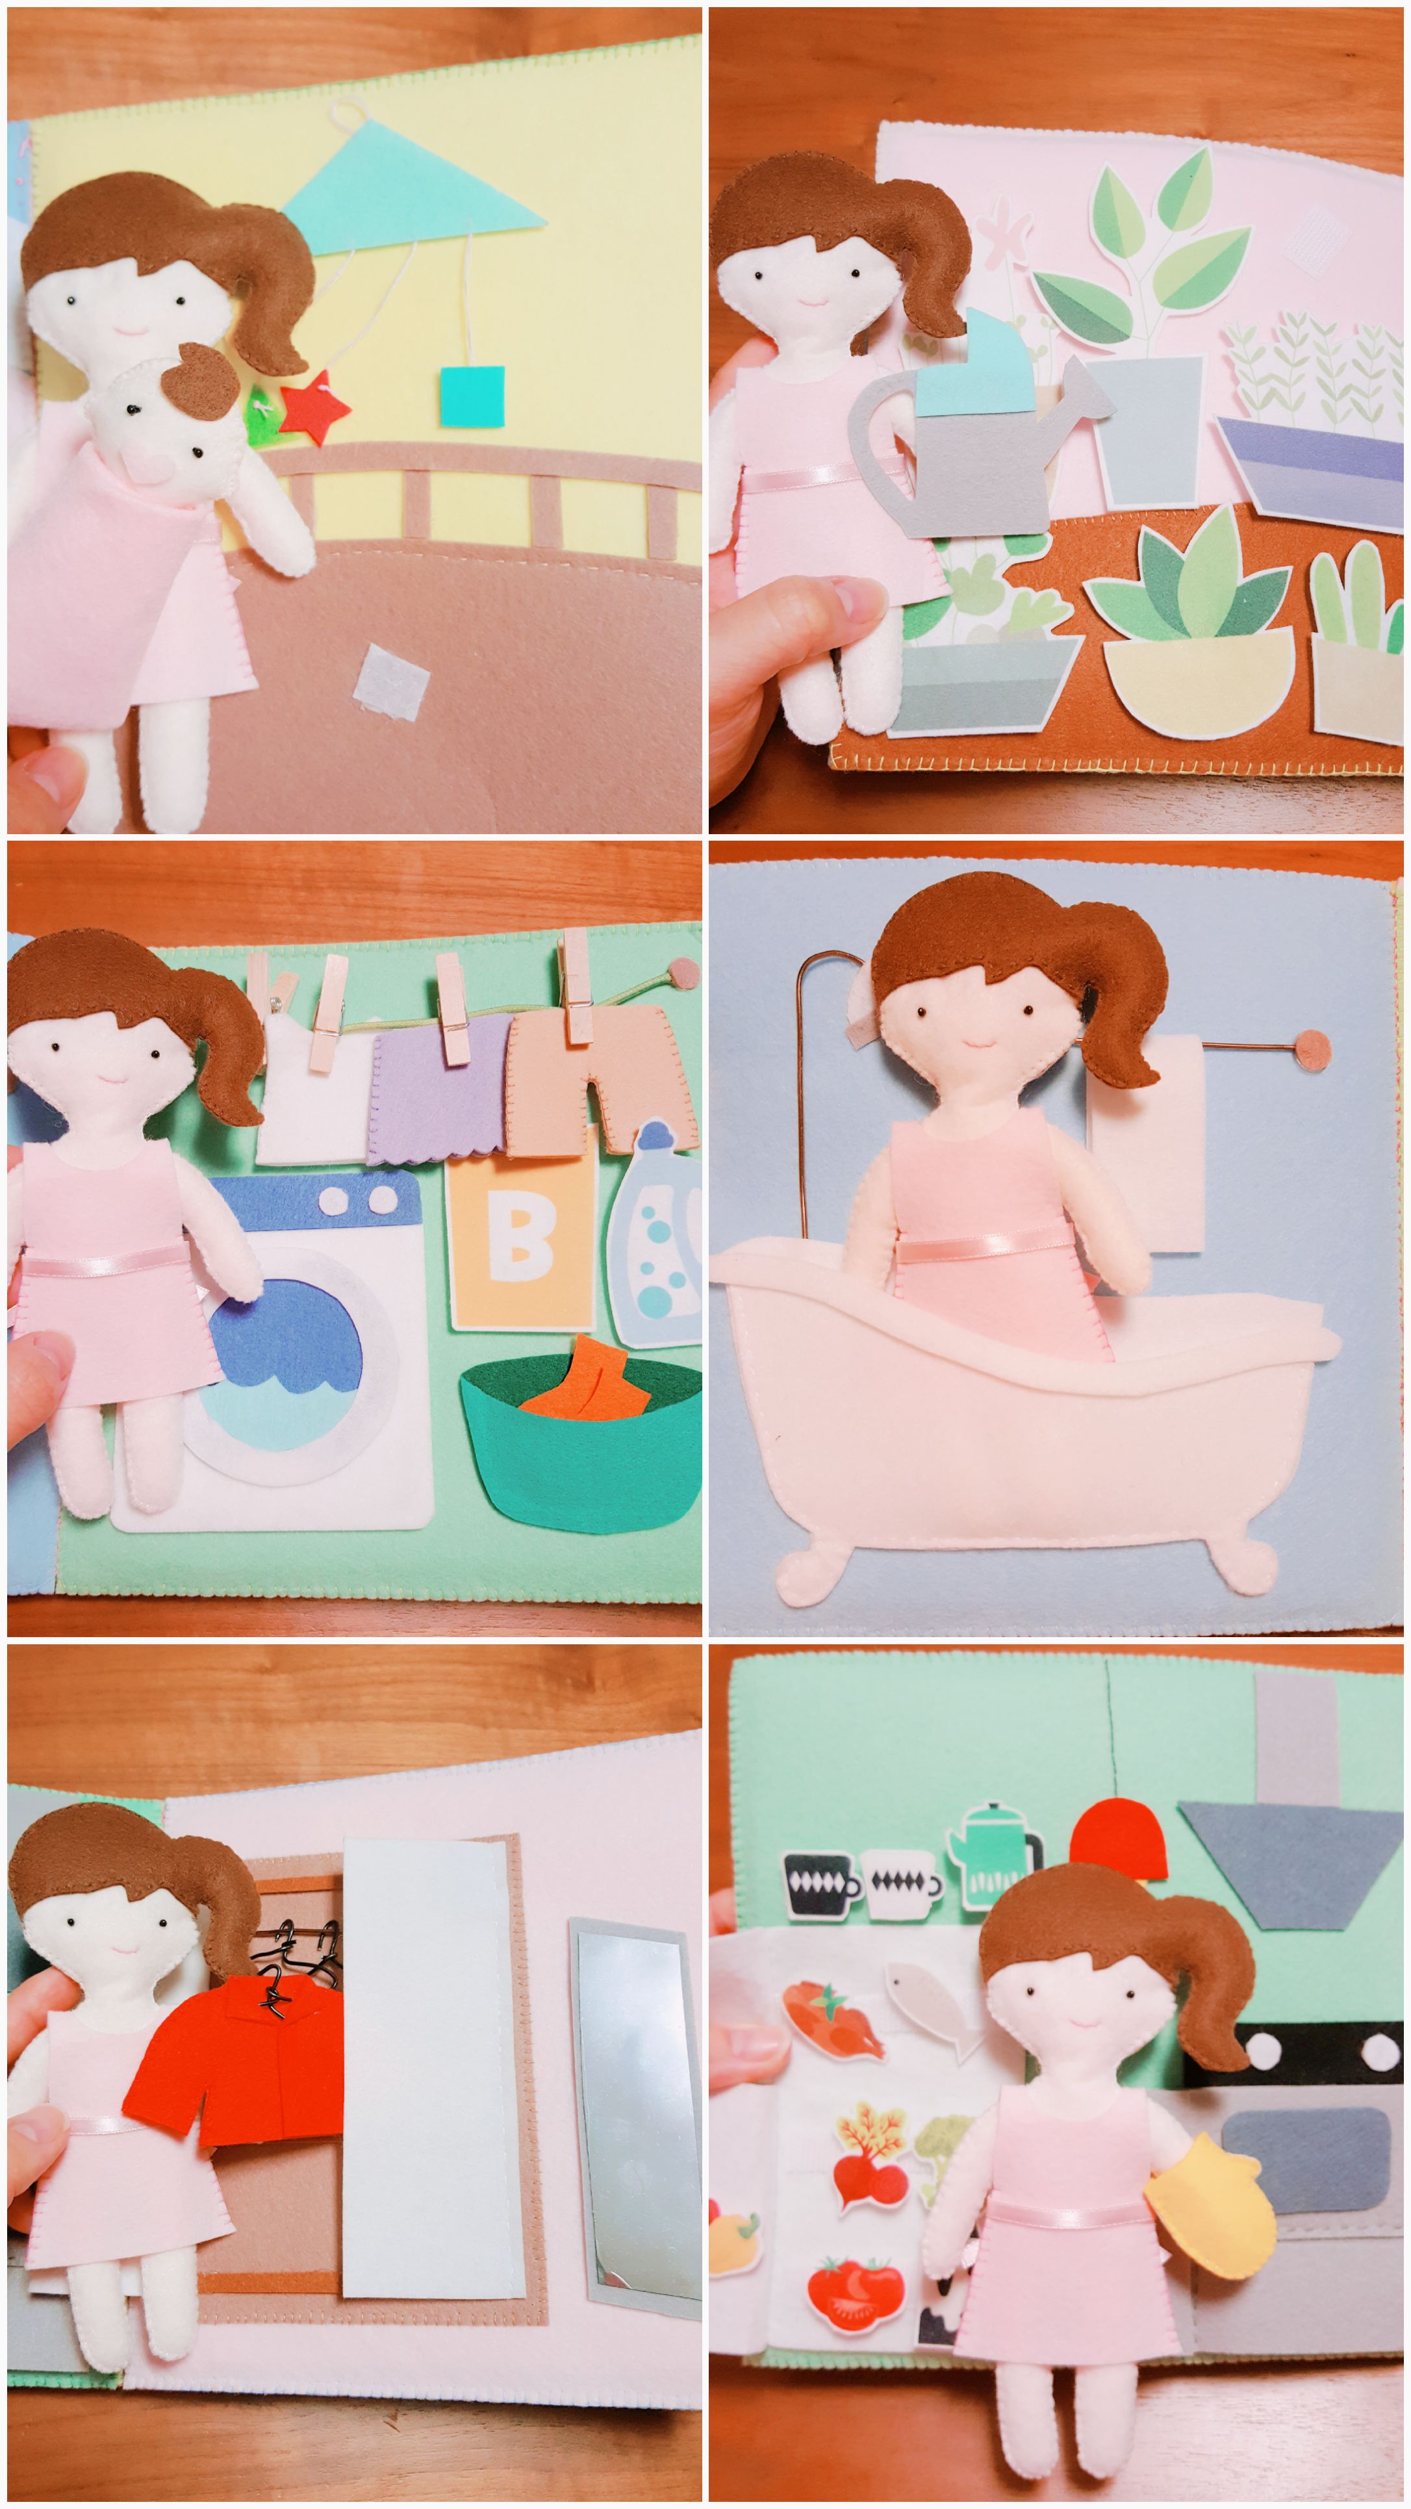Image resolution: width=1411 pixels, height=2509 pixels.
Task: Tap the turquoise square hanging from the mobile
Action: click(471, 396)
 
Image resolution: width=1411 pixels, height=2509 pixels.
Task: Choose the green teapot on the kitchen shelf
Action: click(997, 1857)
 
